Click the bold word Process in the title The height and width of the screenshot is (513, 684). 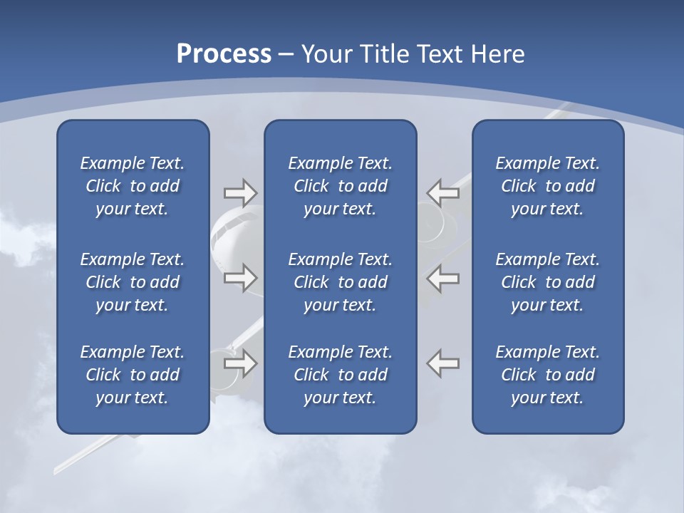click(224, 54)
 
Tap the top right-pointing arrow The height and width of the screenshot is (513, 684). click(240, 192)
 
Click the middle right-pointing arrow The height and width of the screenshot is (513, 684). click(240, 278)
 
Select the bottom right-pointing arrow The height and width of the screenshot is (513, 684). click(240, 363)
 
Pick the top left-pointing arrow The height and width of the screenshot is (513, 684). click(442, 192)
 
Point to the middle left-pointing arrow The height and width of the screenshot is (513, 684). click(442, 278)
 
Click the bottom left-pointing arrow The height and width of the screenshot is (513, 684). click(442, 363)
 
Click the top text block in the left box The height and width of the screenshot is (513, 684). click(133, 186)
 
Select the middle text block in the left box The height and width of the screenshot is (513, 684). click(133, 282)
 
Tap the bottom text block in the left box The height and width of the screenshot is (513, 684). click(133, 375)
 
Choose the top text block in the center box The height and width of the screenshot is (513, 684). click(340, 186)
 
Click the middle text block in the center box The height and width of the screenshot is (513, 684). click(340, 282)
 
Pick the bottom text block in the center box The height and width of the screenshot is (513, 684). click(340, 375)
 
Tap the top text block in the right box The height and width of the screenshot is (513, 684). click(547, 186)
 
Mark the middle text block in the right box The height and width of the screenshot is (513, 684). click(547, 282)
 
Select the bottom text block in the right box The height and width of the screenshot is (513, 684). click(547, 375)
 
